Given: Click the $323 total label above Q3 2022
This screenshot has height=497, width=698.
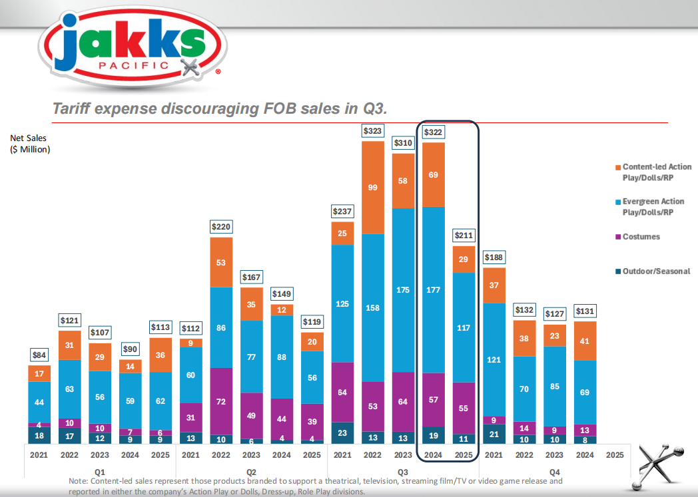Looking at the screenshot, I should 373,131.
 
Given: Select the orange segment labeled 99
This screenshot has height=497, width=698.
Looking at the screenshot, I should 373,188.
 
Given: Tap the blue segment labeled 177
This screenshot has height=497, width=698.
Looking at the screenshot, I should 434,289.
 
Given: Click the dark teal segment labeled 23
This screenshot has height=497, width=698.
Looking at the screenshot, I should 343,432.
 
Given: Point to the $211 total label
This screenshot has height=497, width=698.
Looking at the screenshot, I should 464,236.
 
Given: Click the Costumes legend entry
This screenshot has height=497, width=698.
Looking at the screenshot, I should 641,237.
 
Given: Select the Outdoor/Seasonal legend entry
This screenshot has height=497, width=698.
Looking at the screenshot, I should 652,271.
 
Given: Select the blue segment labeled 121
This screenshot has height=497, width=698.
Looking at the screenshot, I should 494,360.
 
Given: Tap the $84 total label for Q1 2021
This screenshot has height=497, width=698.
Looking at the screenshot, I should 39,355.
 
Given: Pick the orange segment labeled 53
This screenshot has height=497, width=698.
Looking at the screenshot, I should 221,262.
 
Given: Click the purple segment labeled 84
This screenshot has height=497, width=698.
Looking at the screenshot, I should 343,392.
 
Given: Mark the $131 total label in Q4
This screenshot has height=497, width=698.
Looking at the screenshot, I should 585,311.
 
